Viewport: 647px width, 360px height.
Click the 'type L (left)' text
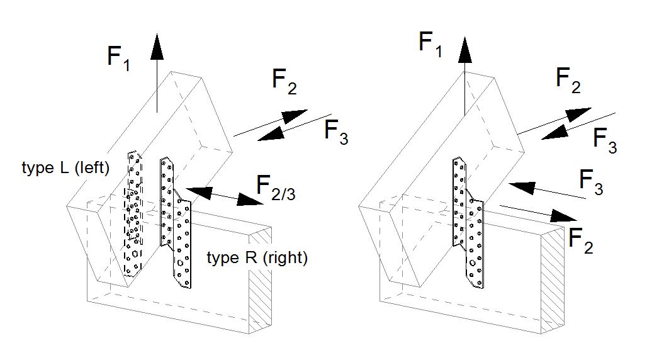click(x=65, y=168)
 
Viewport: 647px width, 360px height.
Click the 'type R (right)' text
click(x=257, y=258)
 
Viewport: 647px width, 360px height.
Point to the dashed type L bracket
click(x=134, y=214)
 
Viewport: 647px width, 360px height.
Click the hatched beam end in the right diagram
click(x=551, y=280)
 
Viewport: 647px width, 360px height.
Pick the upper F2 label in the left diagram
click(x=284, y=82)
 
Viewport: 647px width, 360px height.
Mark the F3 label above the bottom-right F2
click(x=590, y=183)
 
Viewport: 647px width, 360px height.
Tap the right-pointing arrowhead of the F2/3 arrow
click(x=252, y=201)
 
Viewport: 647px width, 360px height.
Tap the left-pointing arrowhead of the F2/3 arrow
click(x=196, y=189)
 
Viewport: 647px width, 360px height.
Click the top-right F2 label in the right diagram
click(x=568, y=80)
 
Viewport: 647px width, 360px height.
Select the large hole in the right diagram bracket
click(x=472, y=262)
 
